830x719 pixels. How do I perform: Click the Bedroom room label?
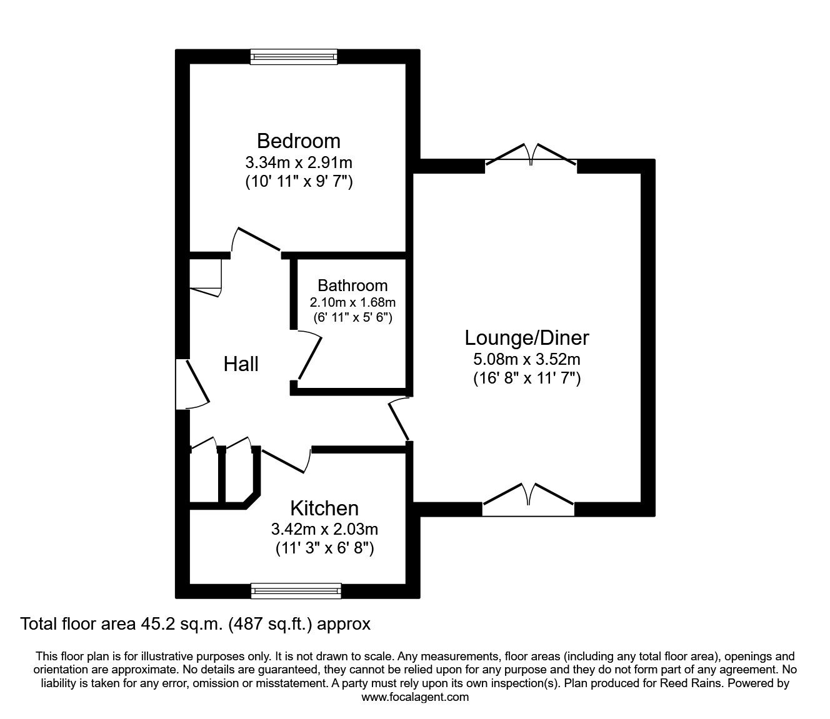(x=298, y=141)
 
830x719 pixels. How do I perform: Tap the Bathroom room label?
(x=352, y=285)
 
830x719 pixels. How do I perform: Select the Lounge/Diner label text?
(x=526, y=338)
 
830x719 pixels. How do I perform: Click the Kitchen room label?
(x=324, y=508)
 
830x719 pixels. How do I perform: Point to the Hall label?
(x=241, y=364)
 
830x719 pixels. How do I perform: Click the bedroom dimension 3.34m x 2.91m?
(x=298, y=163)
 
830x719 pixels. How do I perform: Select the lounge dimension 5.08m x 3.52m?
(x=526, y=359)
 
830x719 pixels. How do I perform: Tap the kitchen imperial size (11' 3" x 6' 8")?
(x=324, y=548)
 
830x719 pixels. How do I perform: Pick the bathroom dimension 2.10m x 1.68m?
(x=352, y=302)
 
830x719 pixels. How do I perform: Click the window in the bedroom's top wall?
(x=293, y=57)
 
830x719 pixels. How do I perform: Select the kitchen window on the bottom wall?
(x=296, y=590)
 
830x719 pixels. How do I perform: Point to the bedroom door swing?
(x=255, y=240)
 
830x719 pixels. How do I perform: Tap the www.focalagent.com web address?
(x=415, y=697)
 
